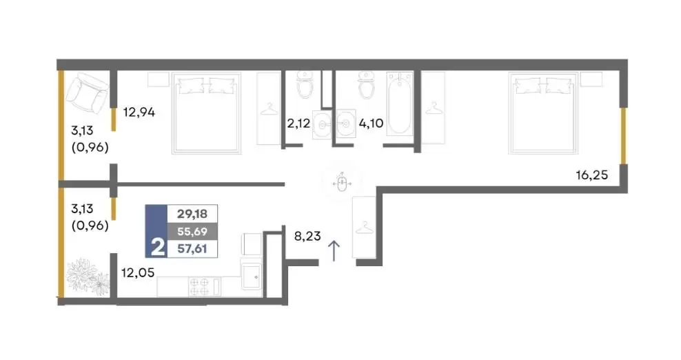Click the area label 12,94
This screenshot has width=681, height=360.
pos(139,112)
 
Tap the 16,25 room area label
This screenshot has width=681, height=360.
pos(591,175)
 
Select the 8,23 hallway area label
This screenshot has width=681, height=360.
pos(307,236)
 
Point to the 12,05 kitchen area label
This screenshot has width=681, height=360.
pos(138,273)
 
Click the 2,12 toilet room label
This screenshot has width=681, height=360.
pos(298,123)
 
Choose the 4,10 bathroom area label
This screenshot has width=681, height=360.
pos(371,123)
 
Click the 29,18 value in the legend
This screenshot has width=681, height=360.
pos(192,214)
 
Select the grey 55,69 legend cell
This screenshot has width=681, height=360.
pos(192,231)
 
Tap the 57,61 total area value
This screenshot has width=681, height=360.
pos(192,249)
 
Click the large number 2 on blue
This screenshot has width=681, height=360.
pos(158,248)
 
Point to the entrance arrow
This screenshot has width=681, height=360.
pos(334,251)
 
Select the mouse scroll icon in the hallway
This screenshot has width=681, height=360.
pos(342,183)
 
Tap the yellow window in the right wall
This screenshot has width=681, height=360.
pos(623,136)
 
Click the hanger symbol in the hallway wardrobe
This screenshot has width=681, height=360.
pos(364,228)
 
